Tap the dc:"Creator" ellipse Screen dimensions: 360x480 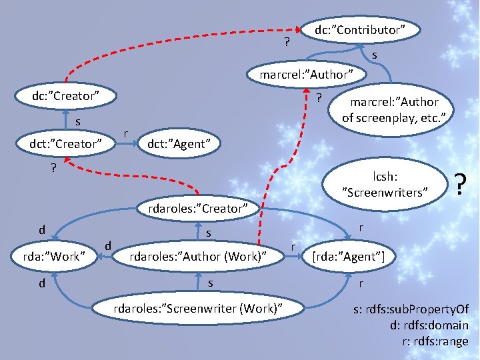click(x=66, y=96)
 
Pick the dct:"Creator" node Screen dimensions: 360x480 click(x=65, y=143)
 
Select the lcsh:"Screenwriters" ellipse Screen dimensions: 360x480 click(x=385, y=185)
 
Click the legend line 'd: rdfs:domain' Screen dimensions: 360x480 click(x=429, y=326)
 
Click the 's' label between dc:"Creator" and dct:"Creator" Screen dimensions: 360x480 click(x=77, y=122)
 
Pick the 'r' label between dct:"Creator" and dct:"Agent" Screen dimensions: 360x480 click(x=125, y=133)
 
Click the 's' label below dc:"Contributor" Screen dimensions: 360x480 click(x=375, y=55)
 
